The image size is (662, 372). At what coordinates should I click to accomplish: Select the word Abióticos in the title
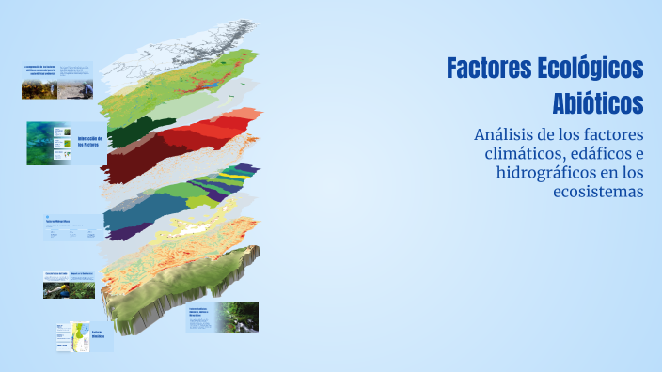click(x=598, y=101)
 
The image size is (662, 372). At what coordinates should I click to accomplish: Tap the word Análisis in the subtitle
click(x=510, y=135)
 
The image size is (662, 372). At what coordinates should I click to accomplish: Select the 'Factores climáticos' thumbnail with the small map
click(x=84, y=336)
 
